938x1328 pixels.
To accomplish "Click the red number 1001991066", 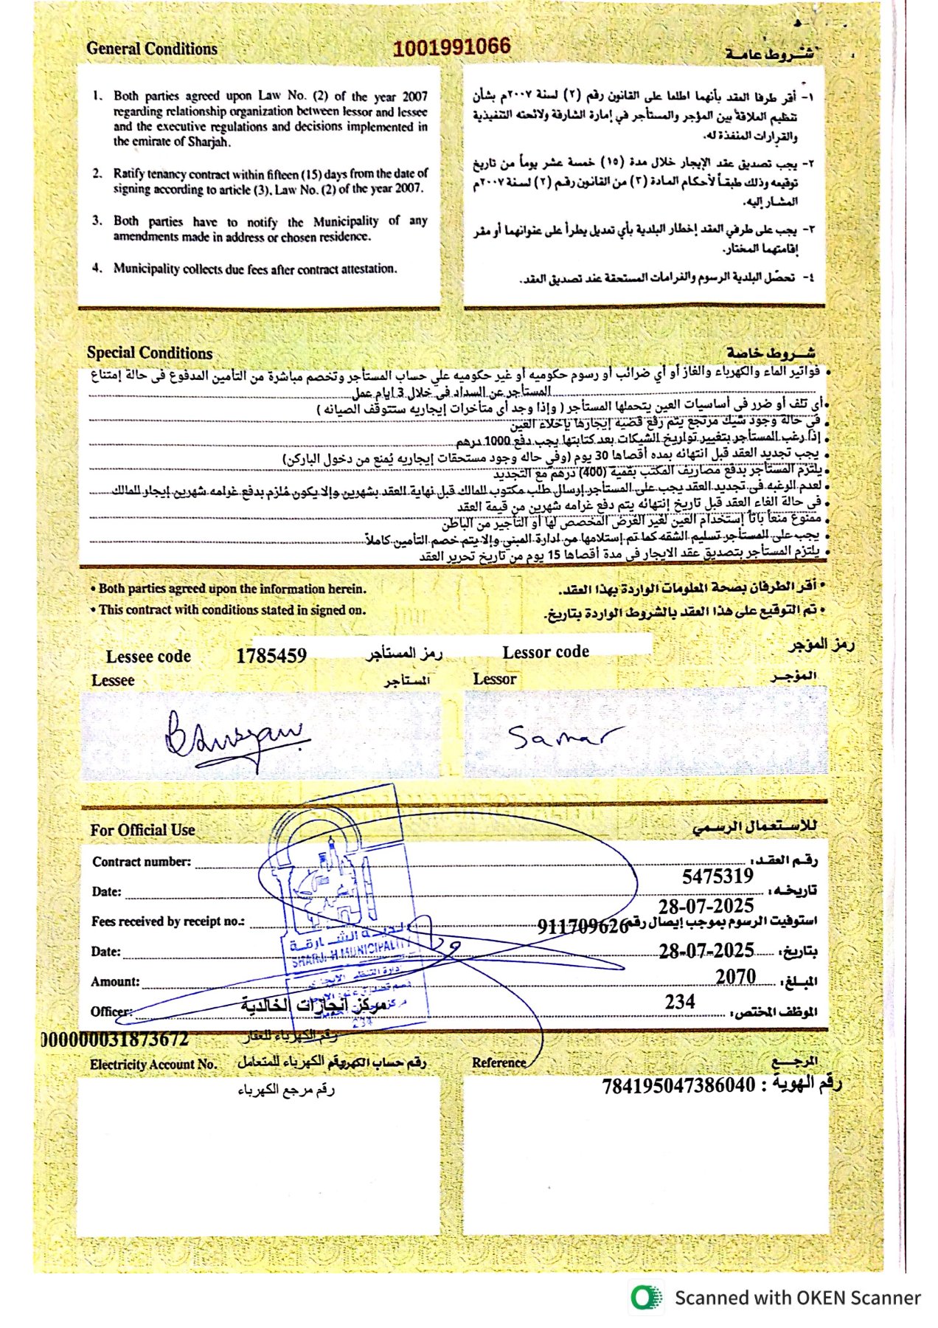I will tap(451, 47).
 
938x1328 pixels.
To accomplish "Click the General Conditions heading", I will tap(152, 49).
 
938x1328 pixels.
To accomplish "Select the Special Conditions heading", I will tap(150, 353).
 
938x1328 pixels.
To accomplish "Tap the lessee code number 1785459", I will tap(271, 655).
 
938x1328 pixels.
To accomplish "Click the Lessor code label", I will tap(546, 652).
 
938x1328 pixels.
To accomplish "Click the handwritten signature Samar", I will tap(564, 736).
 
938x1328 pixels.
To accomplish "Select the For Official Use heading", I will tap(142, 830).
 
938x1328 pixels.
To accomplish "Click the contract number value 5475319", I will tap(718, 876).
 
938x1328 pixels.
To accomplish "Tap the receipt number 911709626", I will tap(583, 926).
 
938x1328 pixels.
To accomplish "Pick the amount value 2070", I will tap(735, 976).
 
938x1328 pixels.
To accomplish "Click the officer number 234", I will tap(679, 1001).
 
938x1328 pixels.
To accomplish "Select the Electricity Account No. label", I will tap(153, 1064).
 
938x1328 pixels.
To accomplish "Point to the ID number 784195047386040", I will tap(678, 1085).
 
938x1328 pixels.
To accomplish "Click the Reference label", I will tap(499, 1062).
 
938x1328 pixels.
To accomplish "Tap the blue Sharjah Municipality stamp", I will tap(343, 915).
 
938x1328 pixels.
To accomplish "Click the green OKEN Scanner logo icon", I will tap(646, 1297).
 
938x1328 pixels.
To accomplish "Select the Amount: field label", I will tap(115, 981).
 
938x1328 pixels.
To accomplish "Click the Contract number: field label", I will tap(142, 862).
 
